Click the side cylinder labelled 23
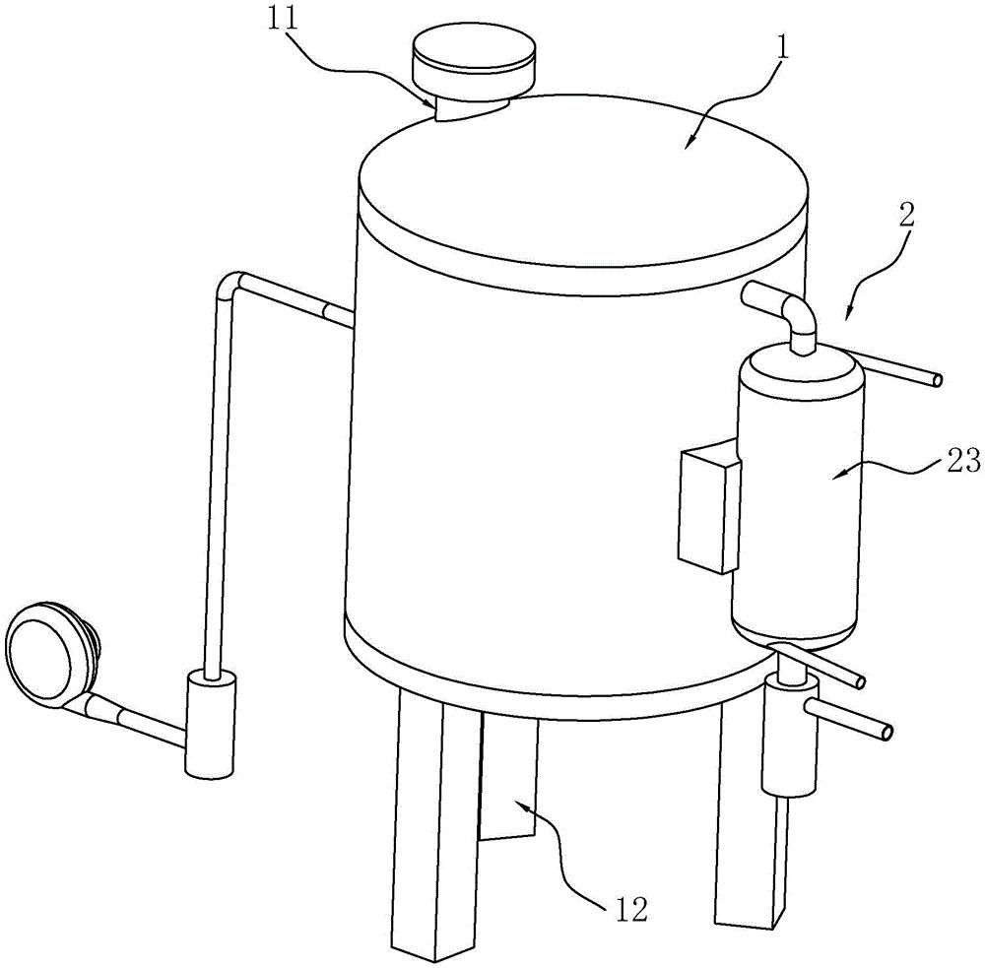(798, 496)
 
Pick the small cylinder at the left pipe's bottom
(210, 725)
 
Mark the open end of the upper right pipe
(936, 380)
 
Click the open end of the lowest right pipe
(886, 732)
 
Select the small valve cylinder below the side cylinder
(789, 735)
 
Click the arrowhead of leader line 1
(689, 143)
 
